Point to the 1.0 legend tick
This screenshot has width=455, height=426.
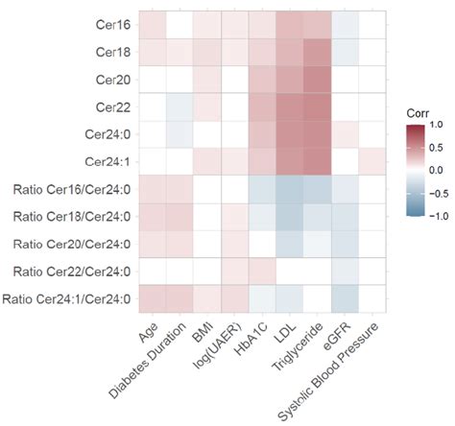(x=436, y=125)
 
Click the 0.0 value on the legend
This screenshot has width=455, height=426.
(x=436, y=170)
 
